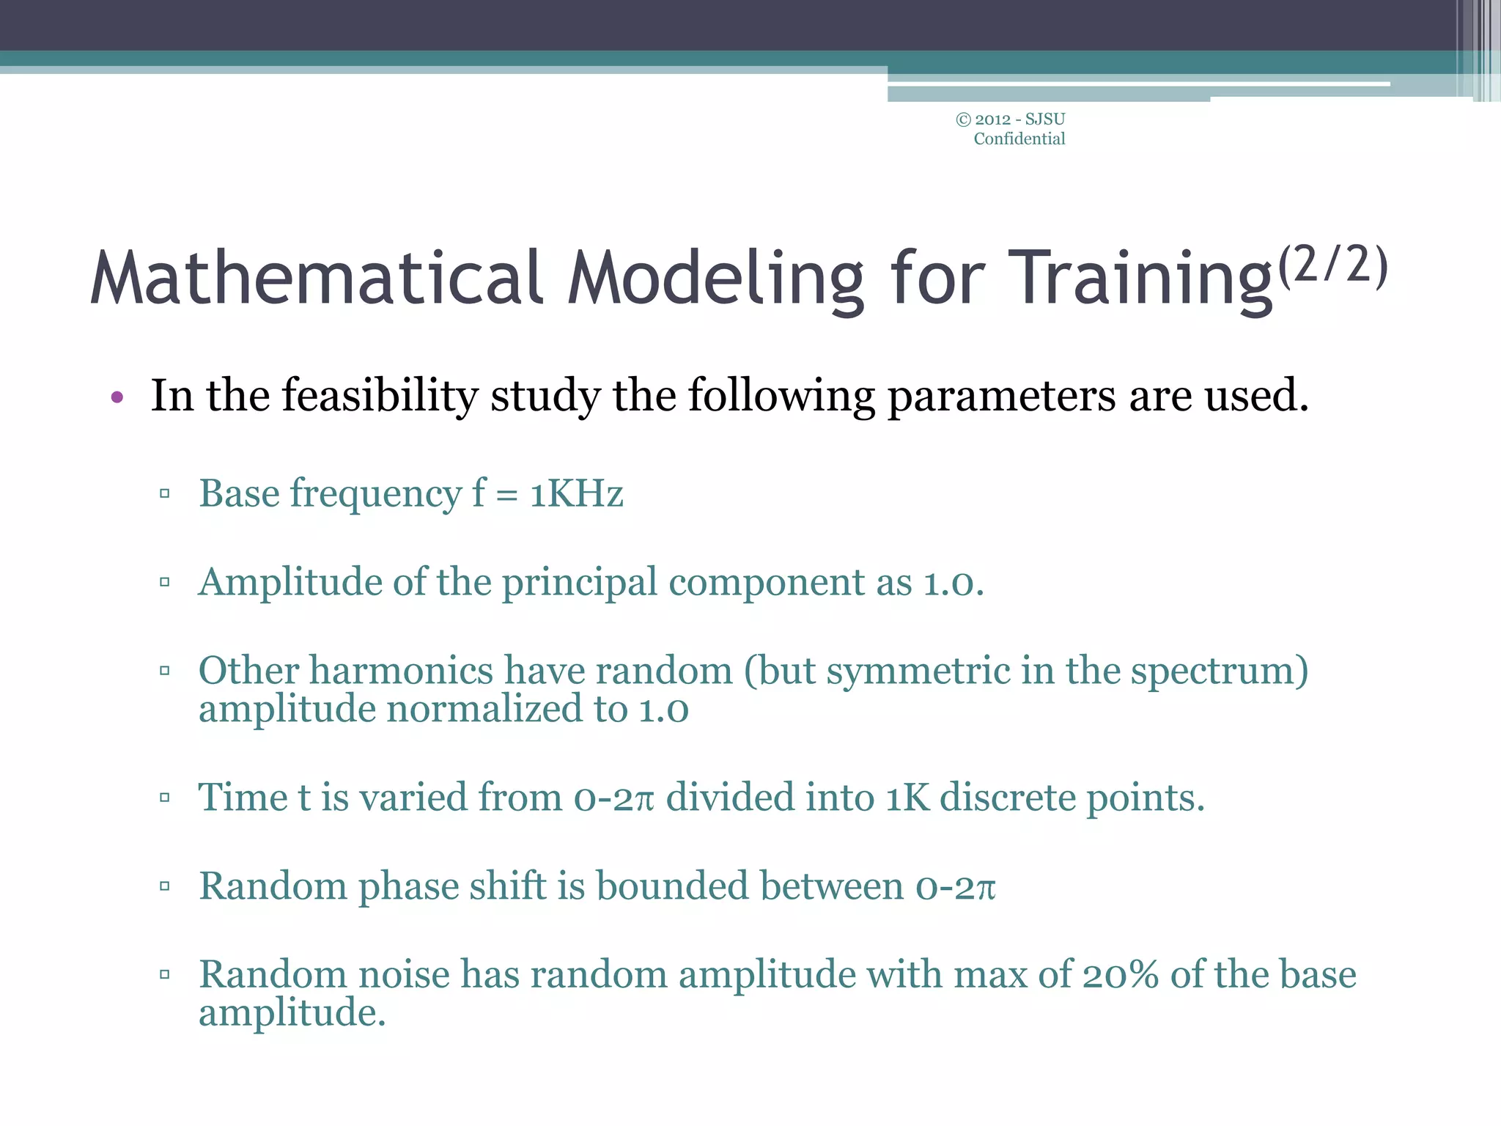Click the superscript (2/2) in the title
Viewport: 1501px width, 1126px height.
pos(1332,266)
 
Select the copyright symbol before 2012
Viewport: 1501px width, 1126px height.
pos(963,119)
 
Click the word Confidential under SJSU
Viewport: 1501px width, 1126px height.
pos(1019,139)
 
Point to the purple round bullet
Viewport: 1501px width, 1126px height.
pos(117,398)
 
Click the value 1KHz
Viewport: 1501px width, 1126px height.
pos(576,493)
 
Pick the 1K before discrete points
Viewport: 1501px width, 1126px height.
pos(907,798)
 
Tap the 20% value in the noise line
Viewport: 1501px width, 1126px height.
pos(1121,975)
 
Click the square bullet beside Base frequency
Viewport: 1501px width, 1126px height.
pos(164,494)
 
